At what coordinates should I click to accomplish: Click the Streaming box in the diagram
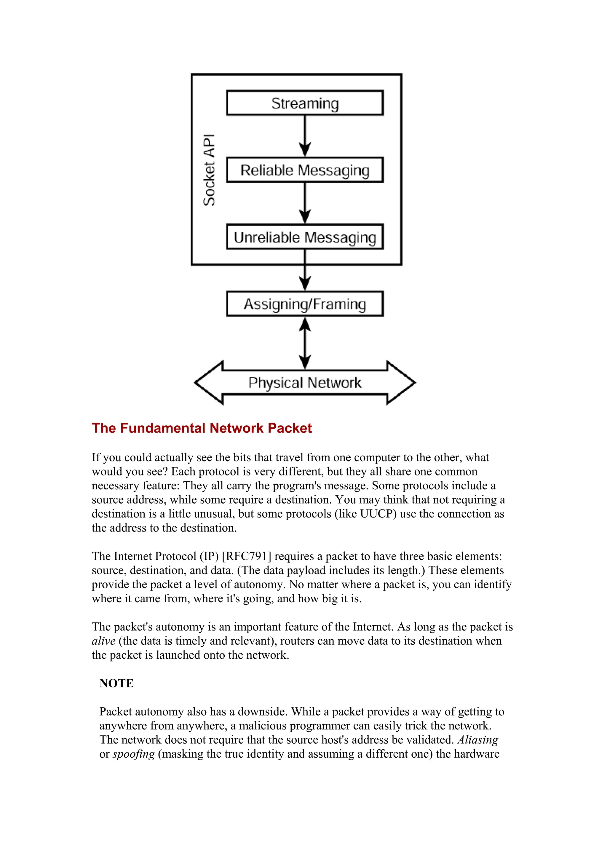click(x=304, y=103)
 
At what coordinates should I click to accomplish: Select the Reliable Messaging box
click(x=304, y=170)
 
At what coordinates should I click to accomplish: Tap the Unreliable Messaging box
click(x=304, y=237)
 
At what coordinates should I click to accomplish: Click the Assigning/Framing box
click(x=304, y=304)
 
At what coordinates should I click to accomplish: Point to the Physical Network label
click(x=304, y=383)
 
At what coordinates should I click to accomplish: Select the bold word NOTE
click(x=116, y=683)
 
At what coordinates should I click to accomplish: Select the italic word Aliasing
click(x=477, y=740)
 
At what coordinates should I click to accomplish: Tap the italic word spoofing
click(x=133, y=754)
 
